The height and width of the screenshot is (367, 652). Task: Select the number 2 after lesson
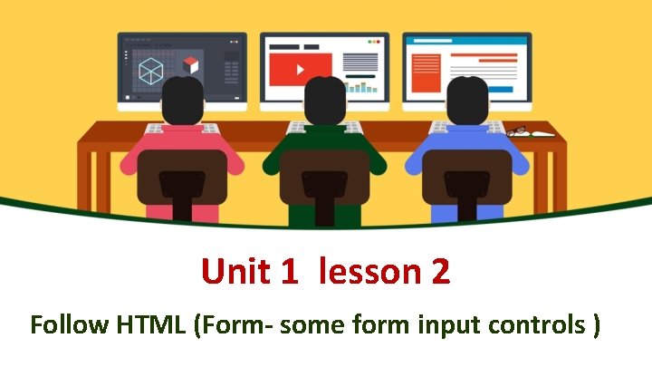[x=441, y=271]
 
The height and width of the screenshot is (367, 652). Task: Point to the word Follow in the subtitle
[x=68, y=324]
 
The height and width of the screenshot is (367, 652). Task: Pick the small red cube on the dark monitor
[x=190, y=65]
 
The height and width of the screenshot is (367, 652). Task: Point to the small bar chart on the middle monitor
[x=363, y=87]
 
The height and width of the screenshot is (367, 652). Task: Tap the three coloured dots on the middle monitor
[x=373, y=41]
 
